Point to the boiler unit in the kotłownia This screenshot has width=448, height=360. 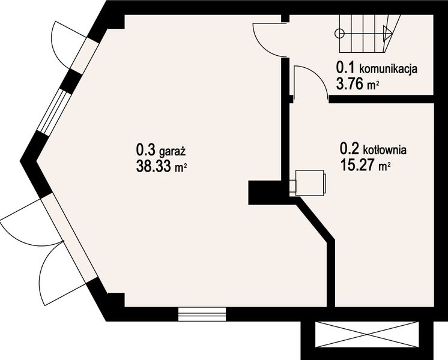point(310,182)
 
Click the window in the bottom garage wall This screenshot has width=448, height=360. point(202,313)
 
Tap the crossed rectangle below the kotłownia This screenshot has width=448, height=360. point(366,335)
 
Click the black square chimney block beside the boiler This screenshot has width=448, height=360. point(260,192)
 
